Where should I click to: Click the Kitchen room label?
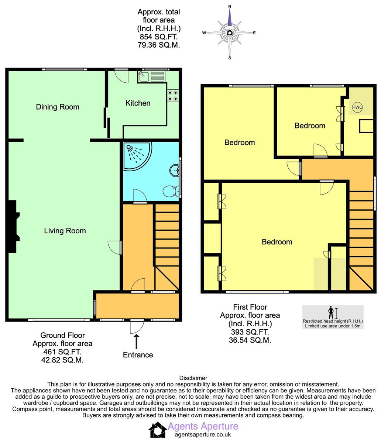[138, 103]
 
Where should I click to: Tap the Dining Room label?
[58, 107]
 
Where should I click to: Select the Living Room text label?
[65, 231]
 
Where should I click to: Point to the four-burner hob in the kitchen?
[173, 96]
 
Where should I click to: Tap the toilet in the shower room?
[171, 191]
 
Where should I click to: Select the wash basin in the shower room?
[174, 171]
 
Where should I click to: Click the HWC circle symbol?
[357, 107]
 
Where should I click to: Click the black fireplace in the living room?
[13, 227]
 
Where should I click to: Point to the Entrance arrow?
[137, 341]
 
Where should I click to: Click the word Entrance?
[138, 355]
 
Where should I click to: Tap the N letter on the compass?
[230, 7]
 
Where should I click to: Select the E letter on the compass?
[254, 33]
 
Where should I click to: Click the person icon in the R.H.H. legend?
[331, 312]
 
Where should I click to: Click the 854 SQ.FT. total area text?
[159, 37]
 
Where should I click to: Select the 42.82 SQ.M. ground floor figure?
[62, 360]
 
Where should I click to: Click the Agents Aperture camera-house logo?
[158, 430]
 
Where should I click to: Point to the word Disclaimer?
[193, 378]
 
